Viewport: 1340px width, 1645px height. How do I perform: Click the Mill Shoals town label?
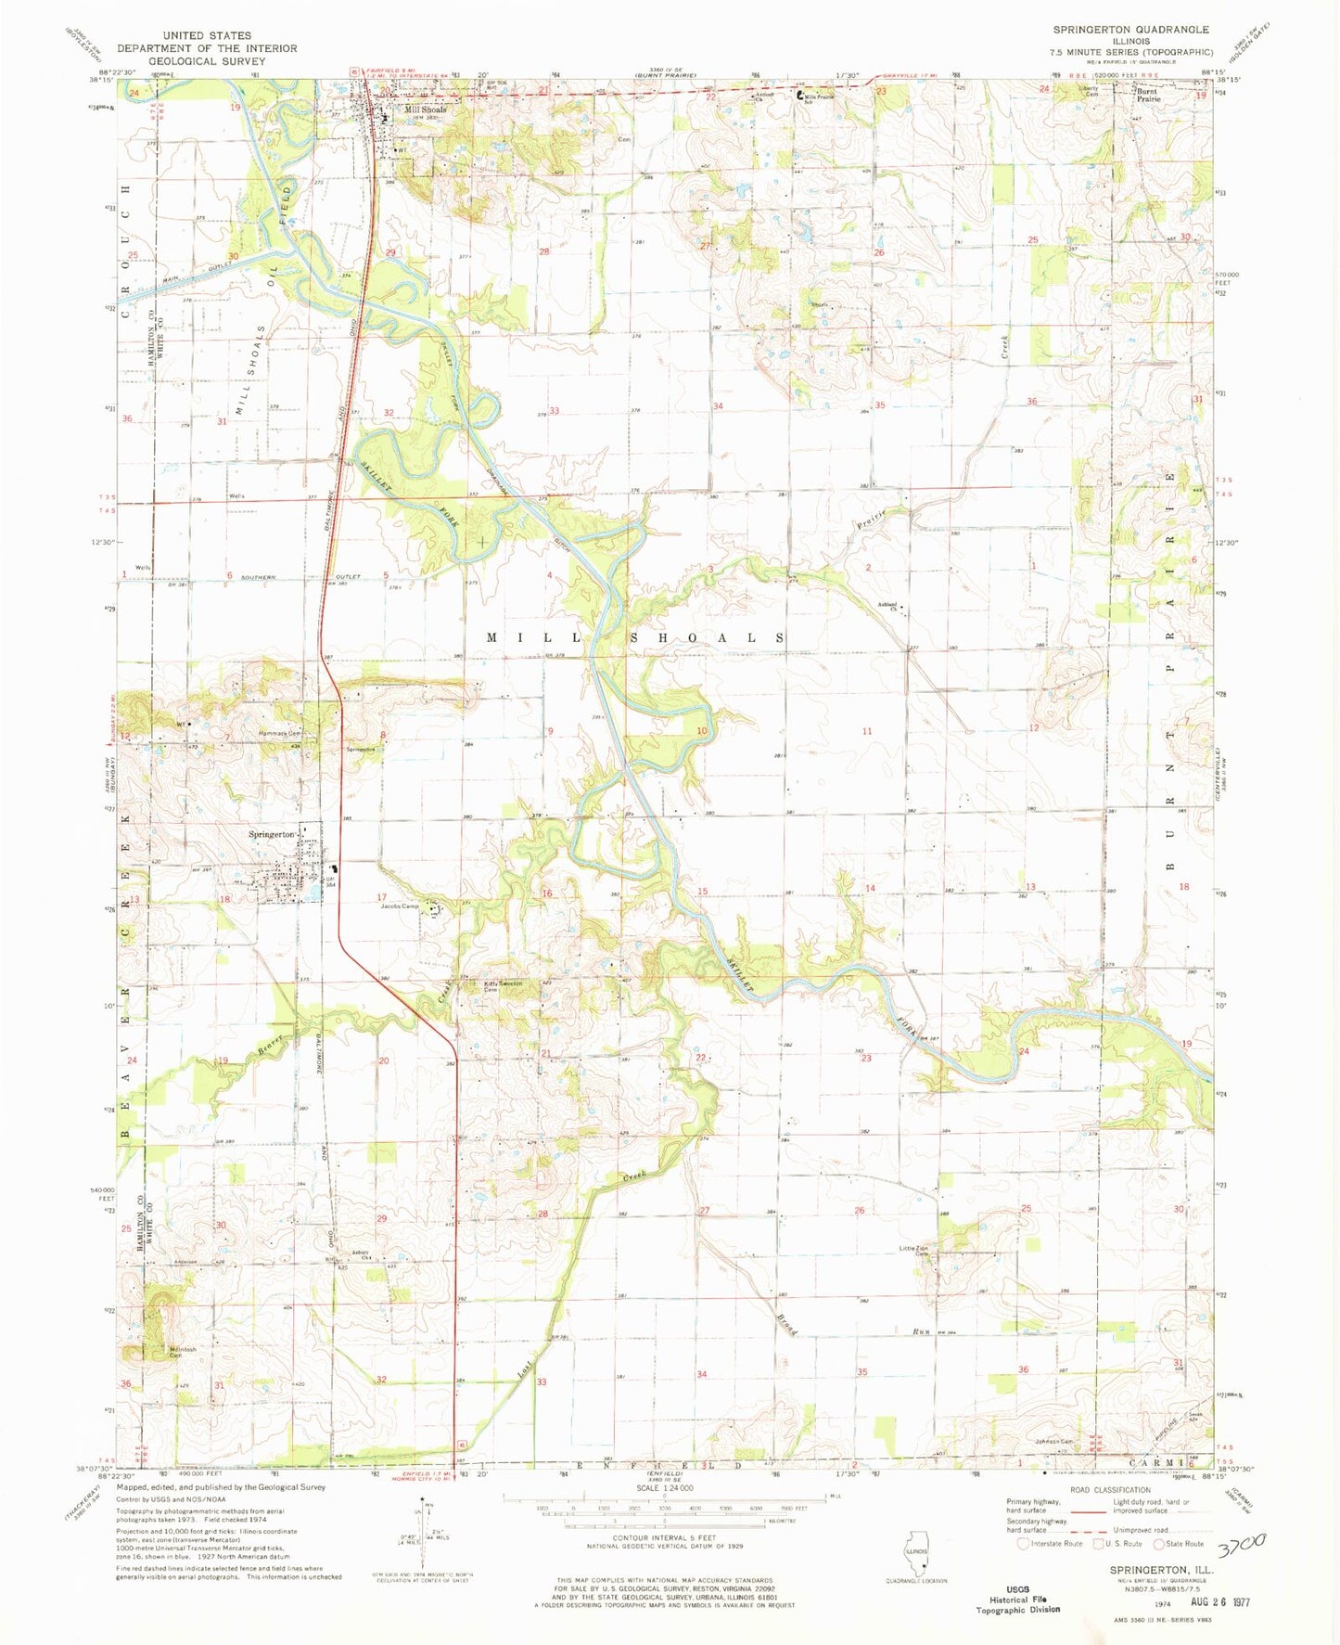(425, 109)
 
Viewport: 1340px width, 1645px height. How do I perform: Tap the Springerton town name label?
(271, 834)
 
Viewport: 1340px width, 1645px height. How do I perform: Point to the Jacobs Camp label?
(400, 906)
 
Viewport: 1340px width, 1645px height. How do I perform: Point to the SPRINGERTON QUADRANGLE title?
(1129, 30)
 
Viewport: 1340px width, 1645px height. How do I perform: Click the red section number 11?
(867, 731)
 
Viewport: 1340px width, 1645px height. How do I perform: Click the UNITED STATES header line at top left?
(206, 35)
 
